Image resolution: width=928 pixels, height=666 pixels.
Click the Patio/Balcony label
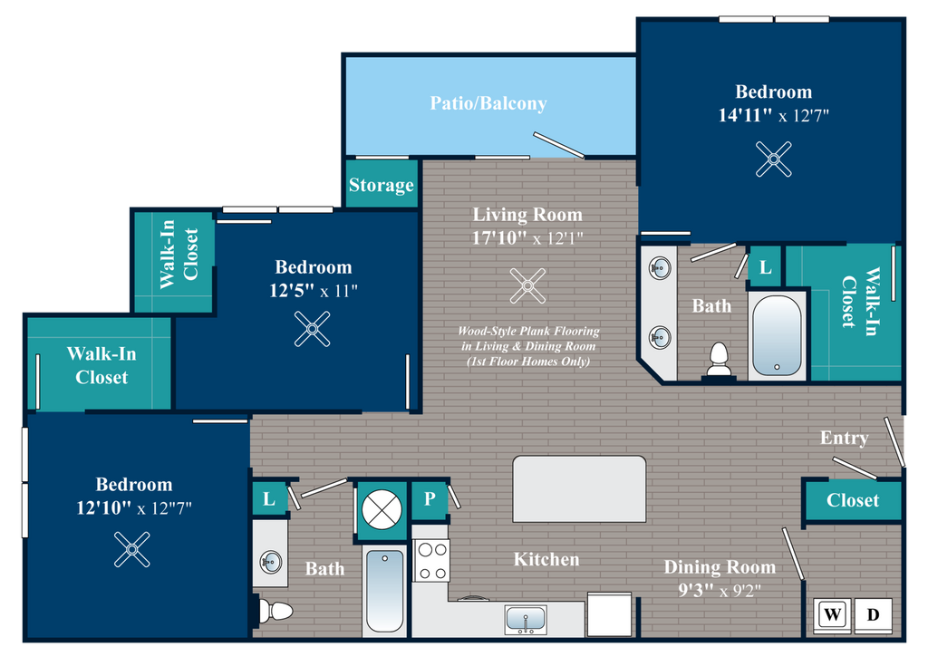click(x=488, y=103)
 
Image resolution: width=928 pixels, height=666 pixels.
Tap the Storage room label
click(x=382, y=185)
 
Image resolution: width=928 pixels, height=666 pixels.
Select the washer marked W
click(x=832, y=614)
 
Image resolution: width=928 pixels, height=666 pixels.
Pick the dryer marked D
click(x=874, y=614)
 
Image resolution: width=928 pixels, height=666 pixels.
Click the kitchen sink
click(x=526, y=620)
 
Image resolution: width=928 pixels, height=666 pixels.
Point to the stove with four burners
click(x=431, y=560)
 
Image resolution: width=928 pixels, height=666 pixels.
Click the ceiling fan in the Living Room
click(x=527, y=286)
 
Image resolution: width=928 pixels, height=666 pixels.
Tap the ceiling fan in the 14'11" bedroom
click(x=774, y=159)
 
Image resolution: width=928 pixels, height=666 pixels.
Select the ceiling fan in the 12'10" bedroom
click(x=132, y=549)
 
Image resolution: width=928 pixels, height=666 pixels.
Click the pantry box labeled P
click(x=430, y=499)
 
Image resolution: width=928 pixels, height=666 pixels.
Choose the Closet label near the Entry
click(x=853, y=500)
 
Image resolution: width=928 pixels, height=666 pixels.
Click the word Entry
click(x=845, y=438)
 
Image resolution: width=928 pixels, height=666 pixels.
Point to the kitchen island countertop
click(x=579, y=489)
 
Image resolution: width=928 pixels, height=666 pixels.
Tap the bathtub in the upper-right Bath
click(x=777, y=335)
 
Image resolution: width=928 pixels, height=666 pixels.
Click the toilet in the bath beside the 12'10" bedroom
click(x=275, y=611)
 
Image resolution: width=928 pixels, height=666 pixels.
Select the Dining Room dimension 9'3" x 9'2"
click(x=720, y=590)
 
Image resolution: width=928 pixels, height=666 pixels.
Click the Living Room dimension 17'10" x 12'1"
click(x=527, y=238)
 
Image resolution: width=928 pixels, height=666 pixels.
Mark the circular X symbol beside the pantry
click(x=382, y=509)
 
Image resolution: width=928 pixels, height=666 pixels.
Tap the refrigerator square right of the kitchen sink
click(x=610, y=614)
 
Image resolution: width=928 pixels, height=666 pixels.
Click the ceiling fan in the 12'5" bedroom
click(x=313, y=329)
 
